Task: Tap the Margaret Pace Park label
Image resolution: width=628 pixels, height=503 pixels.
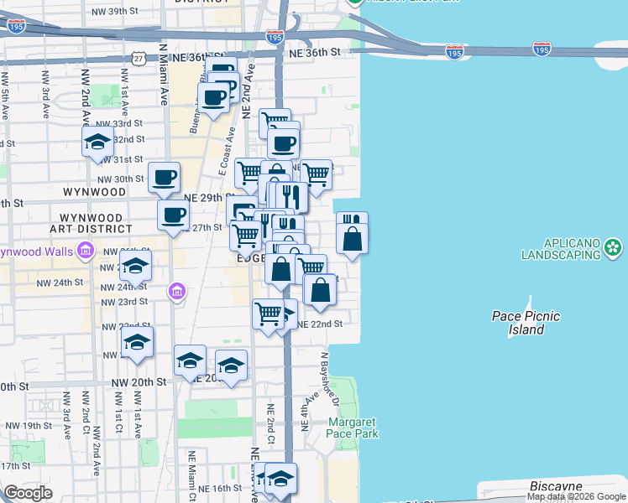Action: [353, 428]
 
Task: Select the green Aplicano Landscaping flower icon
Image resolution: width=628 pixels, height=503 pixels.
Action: [615, 246]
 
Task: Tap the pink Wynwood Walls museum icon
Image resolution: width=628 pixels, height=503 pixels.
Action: [86, 250]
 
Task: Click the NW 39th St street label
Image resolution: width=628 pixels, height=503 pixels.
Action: [117, 11]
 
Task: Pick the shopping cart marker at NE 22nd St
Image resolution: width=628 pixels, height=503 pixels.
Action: [268, 314]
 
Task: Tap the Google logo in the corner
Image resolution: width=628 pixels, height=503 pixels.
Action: [28, 493]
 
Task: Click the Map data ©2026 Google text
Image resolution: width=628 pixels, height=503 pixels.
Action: [575, 496]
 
